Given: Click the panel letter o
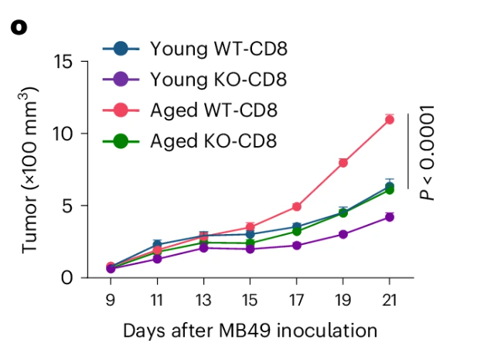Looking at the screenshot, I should [x=19, y=27].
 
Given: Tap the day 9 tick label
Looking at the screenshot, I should [x=110, y=299].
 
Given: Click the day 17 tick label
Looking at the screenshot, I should [x=296, y=299].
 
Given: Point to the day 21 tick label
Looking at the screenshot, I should [x=389, y=299].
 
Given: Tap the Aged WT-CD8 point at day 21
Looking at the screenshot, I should [x=389, y=119].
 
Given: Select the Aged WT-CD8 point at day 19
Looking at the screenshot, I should [x=342, y=162].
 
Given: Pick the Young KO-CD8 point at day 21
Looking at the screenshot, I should [x=389, y=217].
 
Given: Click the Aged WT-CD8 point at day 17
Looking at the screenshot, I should [x=296, y=206].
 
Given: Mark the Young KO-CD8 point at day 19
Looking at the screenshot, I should [x=342, y=234].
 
